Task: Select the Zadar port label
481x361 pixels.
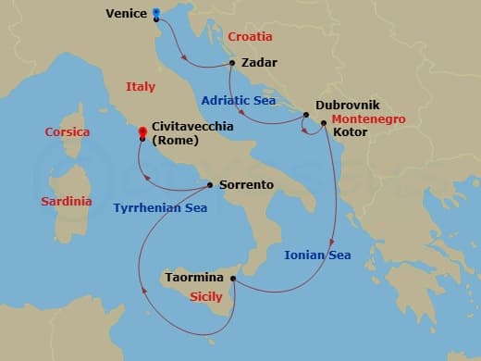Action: tap(259, 64)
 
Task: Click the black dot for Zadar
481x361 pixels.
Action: tap(233, 64)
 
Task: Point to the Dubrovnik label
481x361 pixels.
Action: tap(347, 106)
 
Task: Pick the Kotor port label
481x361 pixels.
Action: tap(351, 133)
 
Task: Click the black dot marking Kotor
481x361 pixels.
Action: tap(323, 123)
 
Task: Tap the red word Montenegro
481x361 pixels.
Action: tap(368, 119)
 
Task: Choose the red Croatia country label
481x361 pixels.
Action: tap(250, 37)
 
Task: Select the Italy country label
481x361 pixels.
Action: tap(141, 86)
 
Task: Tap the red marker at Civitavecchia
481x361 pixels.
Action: tap(142, 132)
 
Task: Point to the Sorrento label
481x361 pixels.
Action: tap(247, 185)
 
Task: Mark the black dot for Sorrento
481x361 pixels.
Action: tap(211, 185)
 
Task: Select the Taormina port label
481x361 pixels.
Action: tap(193, 277)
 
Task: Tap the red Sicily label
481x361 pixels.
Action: tap(205, 297)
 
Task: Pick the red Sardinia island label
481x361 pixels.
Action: tap(67, 201)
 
